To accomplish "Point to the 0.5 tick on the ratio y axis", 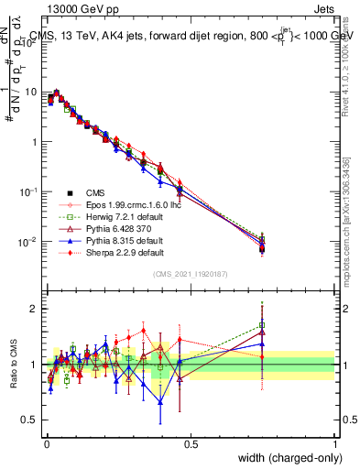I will click(x=32, y=420).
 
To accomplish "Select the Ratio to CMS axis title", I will click(x=13, y=365).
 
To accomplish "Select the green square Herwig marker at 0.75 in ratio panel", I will click(x=262, y=324).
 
